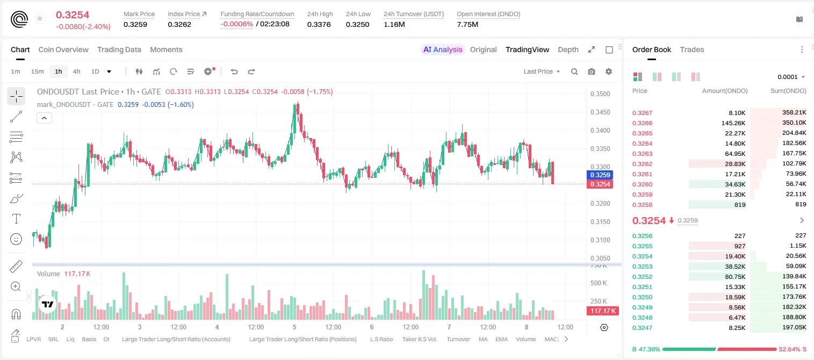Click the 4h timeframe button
click(x=76, y=71)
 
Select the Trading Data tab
click(x=119, y=49)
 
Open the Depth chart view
click(x=568, y=49)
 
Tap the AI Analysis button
click(x=443, y=49)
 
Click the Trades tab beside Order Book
click(x=692, y=49)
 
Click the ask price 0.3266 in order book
click(x=642, y=123)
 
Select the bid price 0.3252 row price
click(x=642, y=277)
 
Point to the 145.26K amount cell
click(x=733, y=123)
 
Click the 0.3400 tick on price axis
click(x=600, y=131)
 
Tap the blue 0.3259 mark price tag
click(x=600, y=175)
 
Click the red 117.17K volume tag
click(x=603, y=311)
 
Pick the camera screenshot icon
click(x=592, y=71)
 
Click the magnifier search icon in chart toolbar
click(x=574, y=71)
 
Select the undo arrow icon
click(x=234, y=71)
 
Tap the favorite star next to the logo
click(x=40, y=18)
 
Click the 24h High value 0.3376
click(x=319, y=24)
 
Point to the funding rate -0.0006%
click(x=236, y=24)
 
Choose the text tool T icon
click(x=16, y=219)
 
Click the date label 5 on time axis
click(x=294, y=327)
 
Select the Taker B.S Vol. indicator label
click(x=419, y=339)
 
